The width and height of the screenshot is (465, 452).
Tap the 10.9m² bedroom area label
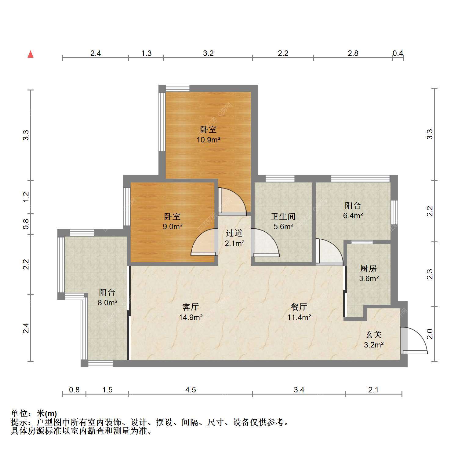[209, 140]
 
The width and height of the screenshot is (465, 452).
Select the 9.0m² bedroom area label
[173, 226]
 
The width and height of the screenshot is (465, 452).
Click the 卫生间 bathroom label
[283, 216]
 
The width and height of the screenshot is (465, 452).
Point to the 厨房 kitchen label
[368, 268]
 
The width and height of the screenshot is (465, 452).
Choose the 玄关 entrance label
[374, 334]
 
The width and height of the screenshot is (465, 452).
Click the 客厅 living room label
[191, 307]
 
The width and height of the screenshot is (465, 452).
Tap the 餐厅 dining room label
[299, 307]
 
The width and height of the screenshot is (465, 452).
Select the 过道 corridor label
[234, 233]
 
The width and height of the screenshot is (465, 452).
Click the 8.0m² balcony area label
[107, 303]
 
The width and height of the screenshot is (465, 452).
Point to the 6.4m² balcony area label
[353, 215]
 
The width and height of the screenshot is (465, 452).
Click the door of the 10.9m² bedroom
[232, 200]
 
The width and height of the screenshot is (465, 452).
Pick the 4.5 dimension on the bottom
[191, 390]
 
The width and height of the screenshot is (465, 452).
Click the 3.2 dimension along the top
[208, 53]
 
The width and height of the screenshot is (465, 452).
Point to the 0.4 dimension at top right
[398, 53]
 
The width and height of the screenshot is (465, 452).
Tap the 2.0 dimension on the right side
[430, 334]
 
